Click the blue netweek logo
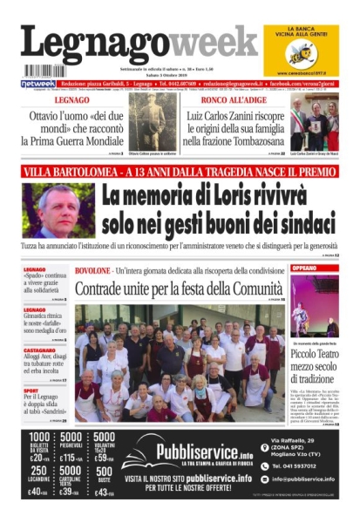click(x=37, y=84)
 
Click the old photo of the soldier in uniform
click(x=153, y=122)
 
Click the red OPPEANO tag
click(x=305, y=268)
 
